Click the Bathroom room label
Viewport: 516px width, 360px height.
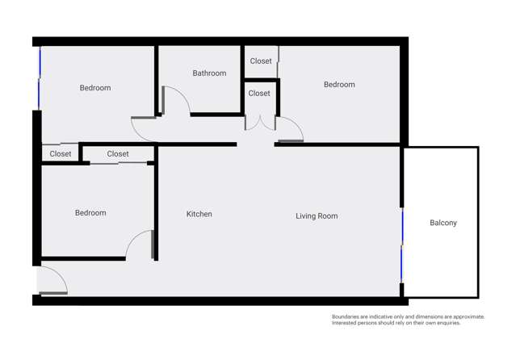tap(209, 73)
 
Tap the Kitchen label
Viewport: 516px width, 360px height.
tap(199, 214)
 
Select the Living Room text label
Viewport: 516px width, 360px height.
tap(317, 216)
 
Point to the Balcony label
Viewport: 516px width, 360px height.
tap(443, 223)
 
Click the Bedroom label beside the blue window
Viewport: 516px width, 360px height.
tap(95, 88)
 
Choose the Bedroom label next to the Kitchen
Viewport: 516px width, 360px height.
tap(90, 213)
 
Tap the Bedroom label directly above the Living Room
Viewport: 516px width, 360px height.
tap(339, 85)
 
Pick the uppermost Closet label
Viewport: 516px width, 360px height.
tap(261, 61)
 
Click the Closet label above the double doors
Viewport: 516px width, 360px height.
tap(259, 94)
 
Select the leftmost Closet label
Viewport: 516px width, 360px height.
tap(61, 153)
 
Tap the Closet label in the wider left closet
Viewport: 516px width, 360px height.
tap(118, 153)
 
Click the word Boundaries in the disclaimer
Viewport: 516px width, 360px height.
tap(349, 317)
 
